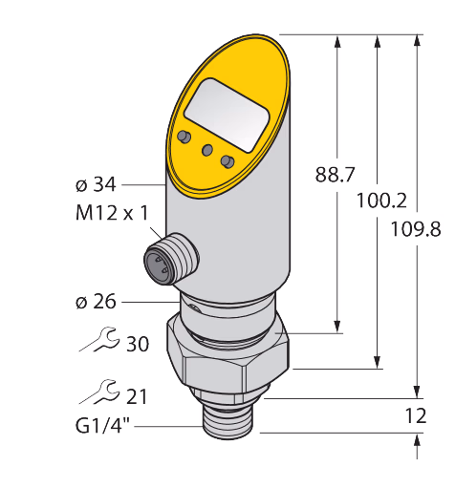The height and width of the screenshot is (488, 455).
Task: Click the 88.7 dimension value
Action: pos(335,175)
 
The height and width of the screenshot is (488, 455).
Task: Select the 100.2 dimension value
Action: pos(381,201)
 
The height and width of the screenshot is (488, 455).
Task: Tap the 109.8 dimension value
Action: pos(416,229)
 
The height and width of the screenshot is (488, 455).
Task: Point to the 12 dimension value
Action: pos(416,415)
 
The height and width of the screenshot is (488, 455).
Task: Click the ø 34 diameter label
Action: pos(96,184)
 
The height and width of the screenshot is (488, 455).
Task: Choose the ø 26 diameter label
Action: pos(96,302)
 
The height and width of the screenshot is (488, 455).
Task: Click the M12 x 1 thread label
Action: pos(112,213)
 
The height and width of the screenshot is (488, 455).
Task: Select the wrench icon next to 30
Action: pos(99,339)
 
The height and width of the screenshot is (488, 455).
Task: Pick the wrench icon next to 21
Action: pos(99,392)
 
